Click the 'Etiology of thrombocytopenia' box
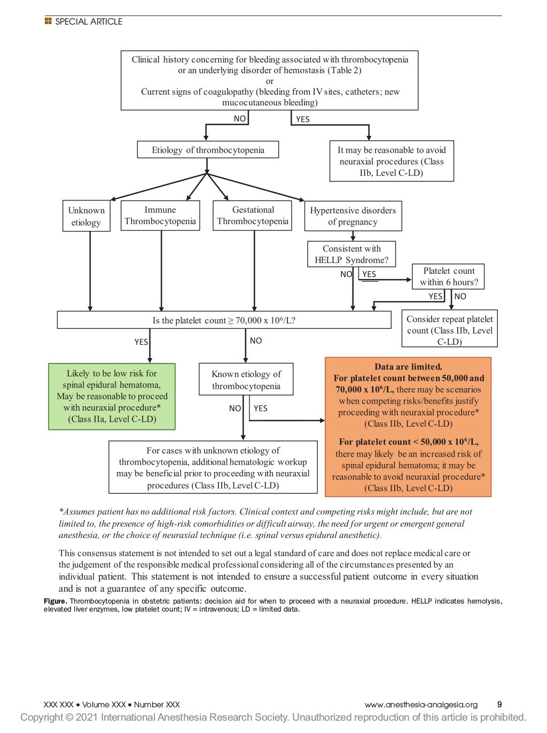208,150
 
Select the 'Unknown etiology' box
86,216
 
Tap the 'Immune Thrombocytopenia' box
160,215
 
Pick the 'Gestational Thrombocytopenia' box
252,215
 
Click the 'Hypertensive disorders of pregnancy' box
353,216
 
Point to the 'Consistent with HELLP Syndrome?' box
351,254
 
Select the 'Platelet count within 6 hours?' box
449,276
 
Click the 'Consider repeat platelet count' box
449,329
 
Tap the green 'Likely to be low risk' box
112,396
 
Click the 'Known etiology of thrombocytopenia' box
246,380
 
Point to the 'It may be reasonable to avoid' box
392,161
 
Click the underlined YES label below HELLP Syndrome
369,274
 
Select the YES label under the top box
303,119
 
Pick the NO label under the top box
240,119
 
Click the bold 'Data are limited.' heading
408,367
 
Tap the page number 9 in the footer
499,705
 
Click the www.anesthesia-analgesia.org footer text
421,705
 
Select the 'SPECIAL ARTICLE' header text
89,22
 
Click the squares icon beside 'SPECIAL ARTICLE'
48,21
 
